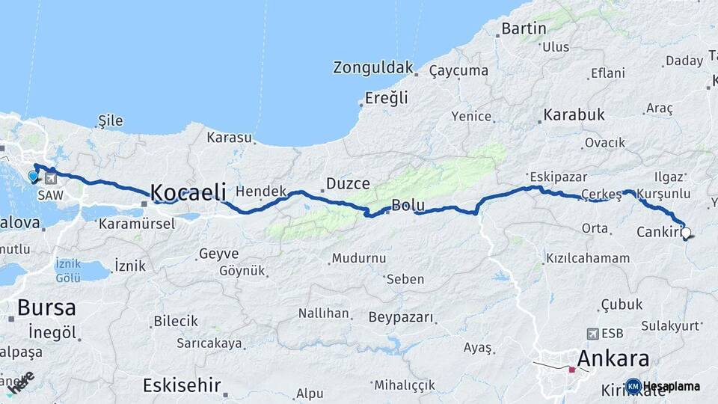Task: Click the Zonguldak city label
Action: pos(373,67)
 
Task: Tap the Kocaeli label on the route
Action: pos(188,192)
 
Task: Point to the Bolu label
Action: pos(408,205)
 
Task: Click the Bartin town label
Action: pos(524,28)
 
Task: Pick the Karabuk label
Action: pos(574,115)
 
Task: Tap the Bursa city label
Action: pos(46,307)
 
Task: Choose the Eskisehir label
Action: pos(182,386)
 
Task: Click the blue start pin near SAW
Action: pos(33,177)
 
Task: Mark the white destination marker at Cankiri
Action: pos(685,233)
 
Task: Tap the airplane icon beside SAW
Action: pos(50,178)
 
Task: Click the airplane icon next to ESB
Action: pos(594,333)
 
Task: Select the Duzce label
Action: pos(348,183)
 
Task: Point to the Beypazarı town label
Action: pos(401,317)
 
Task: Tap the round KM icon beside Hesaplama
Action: pos(633,386)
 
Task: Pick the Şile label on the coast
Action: pos(110,120)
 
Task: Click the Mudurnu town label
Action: pos(359,258)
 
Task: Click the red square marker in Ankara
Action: pos(572,369)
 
